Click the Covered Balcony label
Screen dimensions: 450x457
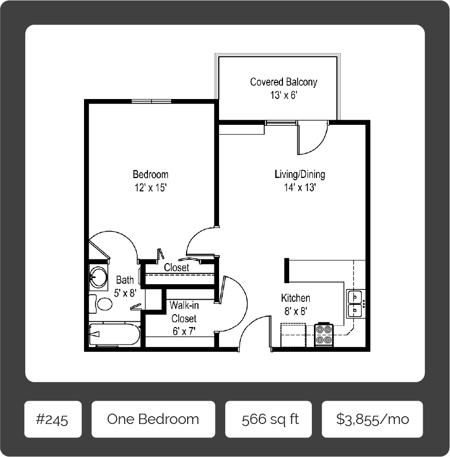pos(284,82)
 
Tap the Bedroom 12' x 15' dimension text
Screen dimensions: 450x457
pos(151,188)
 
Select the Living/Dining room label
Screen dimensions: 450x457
pos(299,174)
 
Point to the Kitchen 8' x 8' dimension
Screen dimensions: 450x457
pos(296,311)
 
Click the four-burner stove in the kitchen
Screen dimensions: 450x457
pos(324,335)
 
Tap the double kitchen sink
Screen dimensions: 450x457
pos(355,304)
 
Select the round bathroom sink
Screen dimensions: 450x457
pos(98,276)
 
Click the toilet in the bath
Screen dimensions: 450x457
pos(101,304)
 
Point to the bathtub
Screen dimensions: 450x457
pos(114,334)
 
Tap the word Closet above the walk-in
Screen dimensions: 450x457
pos(176,267)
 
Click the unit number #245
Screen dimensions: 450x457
pos(53,419)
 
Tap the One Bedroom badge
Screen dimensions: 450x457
pos(153,419)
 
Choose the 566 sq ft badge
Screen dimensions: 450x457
pos(268,419)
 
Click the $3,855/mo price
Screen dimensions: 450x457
pos(373,419)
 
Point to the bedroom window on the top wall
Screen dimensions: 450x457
pos(151,101)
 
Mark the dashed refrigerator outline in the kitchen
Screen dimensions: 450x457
pos(293,335)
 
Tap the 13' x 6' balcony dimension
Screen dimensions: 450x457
pos(284,95)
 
